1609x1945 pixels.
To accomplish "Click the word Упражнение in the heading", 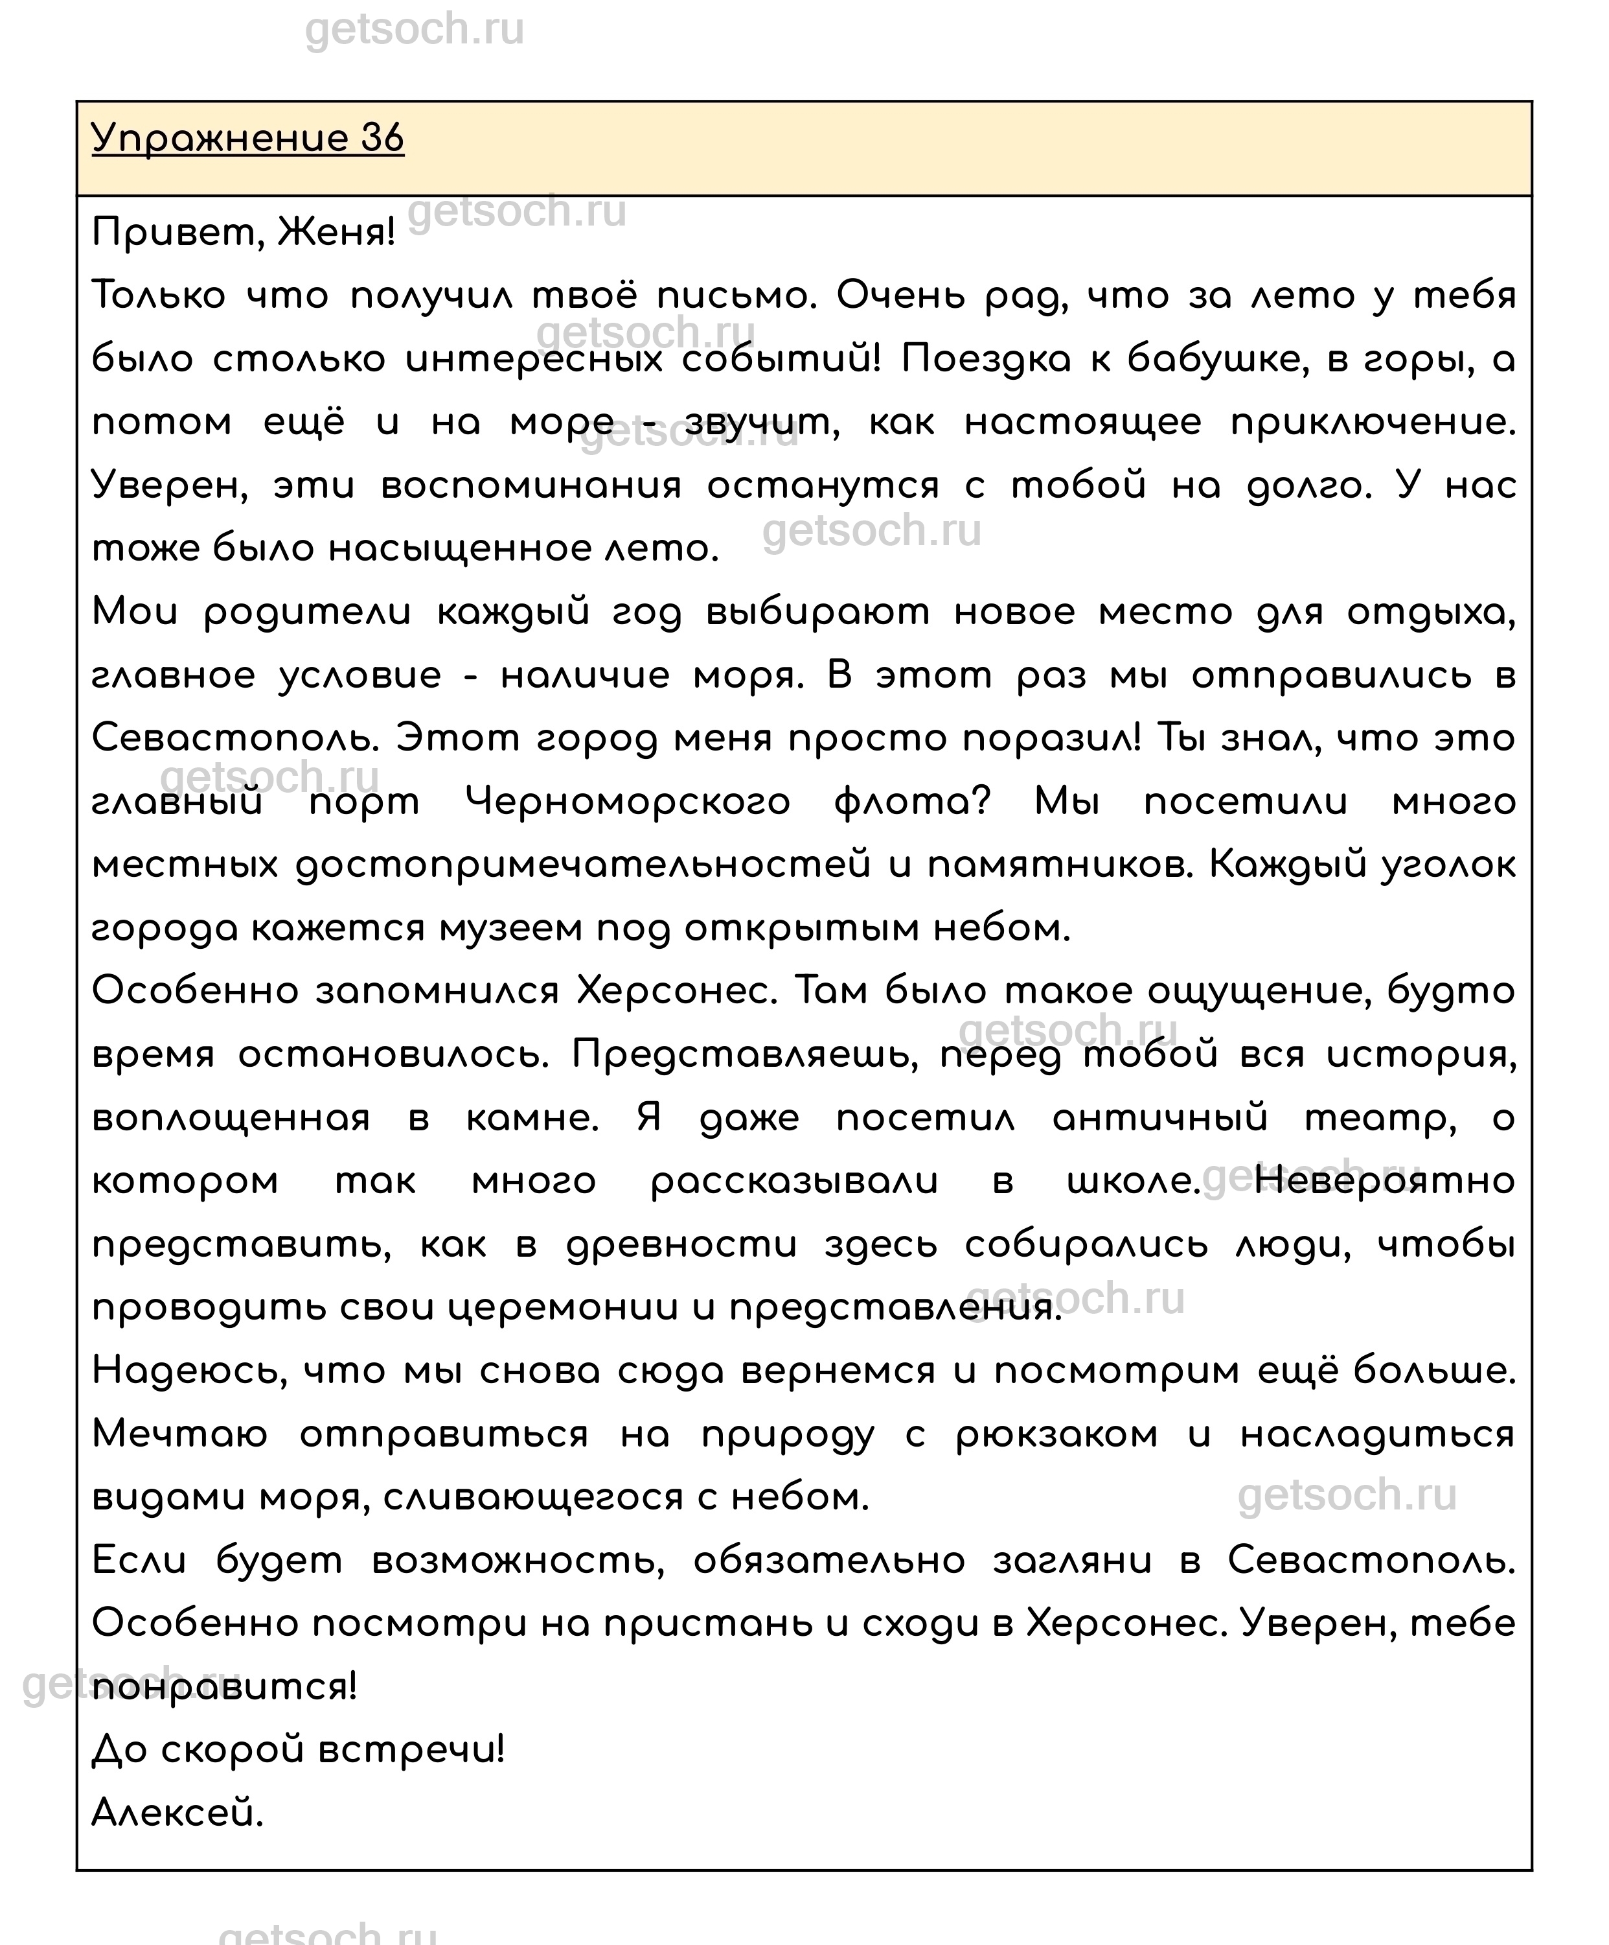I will (220, 139).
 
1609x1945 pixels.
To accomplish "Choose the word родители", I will (308, 613).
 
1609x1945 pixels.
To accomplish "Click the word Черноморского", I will (627, 802).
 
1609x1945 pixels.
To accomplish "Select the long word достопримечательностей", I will (583, 865).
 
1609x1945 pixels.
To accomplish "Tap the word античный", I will (1160, 1119).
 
